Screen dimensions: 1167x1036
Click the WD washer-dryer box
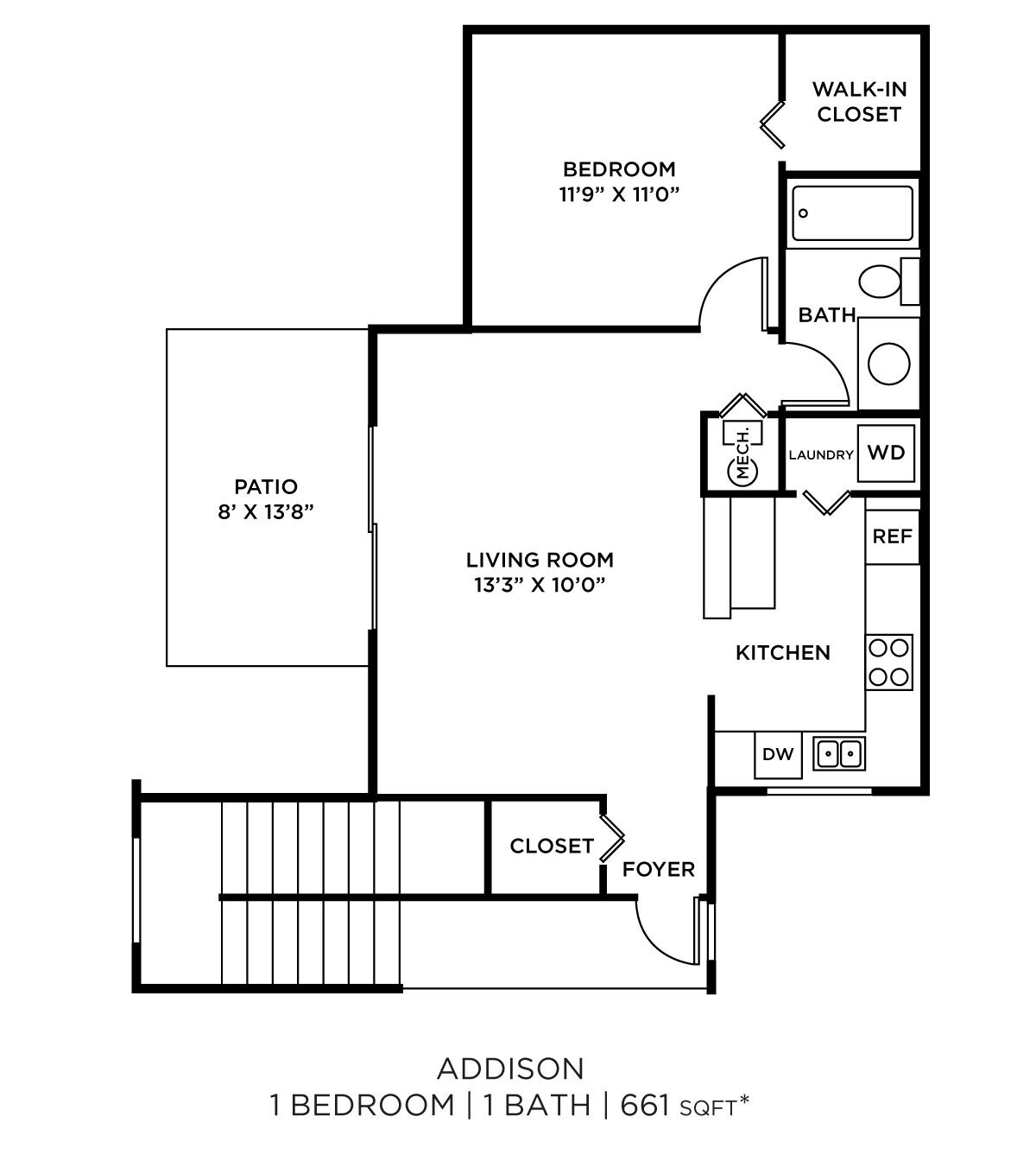coord(886,453)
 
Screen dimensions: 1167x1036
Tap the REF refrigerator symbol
coord(892,536)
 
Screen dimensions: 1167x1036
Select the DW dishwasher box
coord(778,754)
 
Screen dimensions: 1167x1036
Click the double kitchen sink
coord(838,754)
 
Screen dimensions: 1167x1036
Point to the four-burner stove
coord(889,662)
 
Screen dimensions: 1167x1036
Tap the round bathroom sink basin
coord(888,363)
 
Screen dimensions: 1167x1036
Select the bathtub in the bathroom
coord(853,213)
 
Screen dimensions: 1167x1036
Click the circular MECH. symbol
coord(743,470)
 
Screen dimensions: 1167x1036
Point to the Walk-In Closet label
coord(859,102)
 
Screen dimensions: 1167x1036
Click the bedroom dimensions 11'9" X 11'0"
coord(619,195)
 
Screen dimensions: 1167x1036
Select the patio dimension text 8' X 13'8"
coord(265,512)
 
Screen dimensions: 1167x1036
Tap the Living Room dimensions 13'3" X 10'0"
coord(540,585)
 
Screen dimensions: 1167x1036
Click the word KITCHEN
coord(782,653)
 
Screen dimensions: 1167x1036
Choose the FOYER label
coord(658,870)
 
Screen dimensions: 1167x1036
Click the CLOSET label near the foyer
coord(552,847)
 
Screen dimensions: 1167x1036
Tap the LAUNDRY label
coord(820,455)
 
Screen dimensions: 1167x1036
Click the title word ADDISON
coord(510,1069)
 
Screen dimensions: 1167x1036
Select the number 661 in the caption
coord(645,1105)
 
